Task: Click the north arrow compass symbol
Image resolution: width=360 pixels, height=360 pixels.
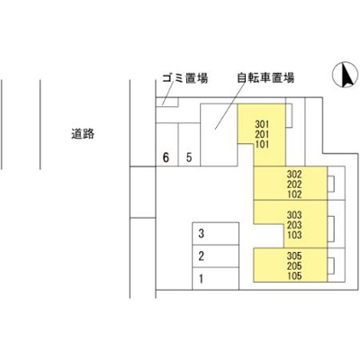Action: (345, 75)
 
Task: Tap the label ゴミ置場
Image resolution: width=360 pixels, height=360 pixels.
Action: (185, 78)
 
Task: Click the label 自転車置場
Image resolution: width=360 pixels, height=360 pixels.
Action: (265, 77)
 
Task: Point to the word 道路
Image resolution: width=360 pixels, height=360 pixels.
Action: (83, 133)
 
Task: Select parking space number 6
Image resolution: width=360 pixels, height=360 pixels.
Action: (167, 145)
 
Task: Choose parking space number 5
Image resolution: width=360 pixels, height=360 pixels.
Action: (189, 145)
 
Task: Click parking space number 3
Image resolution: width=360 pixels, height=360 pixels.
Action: (215, 234)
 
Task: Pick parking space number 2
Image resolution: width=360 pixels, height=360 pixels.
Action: (215, 256)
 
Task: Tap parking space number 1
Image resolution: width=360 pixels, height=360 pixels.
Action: (215, 279)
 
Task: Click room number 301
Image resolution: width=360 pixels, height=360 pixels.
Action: (262, 124)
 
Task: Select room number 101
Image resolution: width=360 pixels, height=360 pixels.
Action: (262, 144)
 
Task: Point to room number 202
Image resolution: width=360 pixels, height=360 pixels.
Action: (294, 184)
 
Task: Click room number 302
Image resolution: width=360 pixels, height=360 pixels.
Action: (294, 174)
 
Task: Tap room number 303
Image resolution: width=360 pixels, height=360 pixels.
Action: (294, 215)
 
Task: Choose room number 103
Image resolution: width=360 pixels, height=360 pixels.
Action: (294, 235)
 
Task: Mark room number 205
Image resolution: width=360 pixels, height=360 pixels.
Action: (294, 265)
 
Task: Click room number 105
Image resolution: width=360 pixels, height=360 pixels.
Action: (294, 276)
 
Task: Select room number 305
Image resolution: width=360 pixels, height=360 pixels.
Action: (294, 256)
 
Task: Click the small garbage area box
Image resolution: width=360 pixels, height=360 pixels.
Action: (167, 102)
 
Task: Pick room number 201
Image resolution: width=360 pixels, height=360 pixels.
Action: (262, 134)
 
